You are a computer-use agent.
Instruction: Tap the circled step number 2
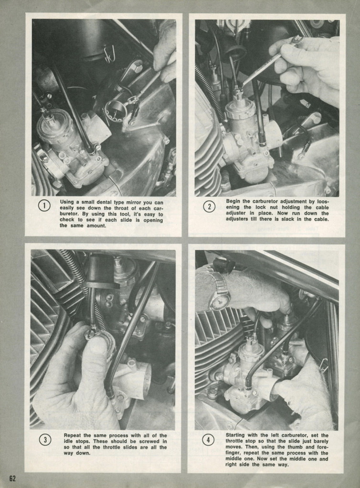point(209,207)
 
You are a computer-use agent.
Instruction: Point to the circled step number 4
point(208,440)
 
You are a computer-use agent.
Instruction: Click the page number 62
point(12,478)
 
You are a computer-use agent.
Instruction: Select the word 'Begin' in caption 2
point(233,201)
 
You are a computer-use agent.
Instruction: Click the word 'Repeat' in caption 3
point(73,436)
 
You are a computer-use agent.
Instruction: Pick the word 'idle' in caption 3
point(69,441)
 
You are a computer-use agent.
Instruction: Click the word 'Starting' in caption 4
point(236,435)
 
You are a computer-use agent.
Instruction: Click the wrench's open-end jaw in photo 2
point(297,40)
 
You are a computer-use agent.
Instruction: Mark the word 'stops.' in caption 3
point(85,442)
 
